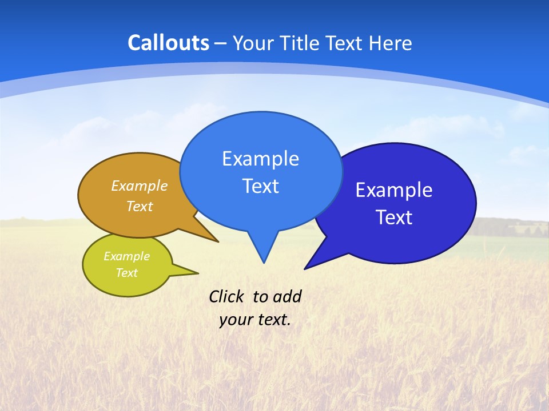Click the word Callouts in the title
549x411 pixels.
tap(169, 43)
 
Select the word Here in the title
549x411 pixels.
tap(391, 43)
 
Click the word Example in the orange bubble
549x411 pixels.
tap(140, 186)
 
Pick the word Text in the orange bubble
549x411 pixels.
tap(140, 206)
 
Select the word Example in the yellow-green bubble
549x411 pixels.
tap(126, 256)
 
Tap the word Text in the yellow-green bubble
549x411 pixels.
tap(126, 273)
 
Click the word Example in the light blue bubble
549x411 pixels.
tap(260, 158)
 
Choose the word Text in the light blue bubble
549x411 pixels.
tap(260, 186)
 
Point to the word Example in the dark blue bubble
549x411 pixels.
tap(394, 190)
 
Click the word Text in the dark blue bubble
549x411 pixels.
tap(394, 217)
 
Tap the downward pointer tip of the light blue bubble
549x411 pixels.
tap(264, 261)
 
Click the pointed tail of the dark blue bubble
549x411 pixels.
tap(307, 268)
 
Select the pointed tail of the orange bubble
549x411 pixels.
tap(216, 241)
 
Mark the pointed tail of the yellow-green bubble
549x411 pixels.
tap(196, 272)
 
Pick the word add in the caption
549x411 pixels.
tap(287, 296)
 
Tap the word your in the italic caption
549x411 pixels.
tap(236, 319)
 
